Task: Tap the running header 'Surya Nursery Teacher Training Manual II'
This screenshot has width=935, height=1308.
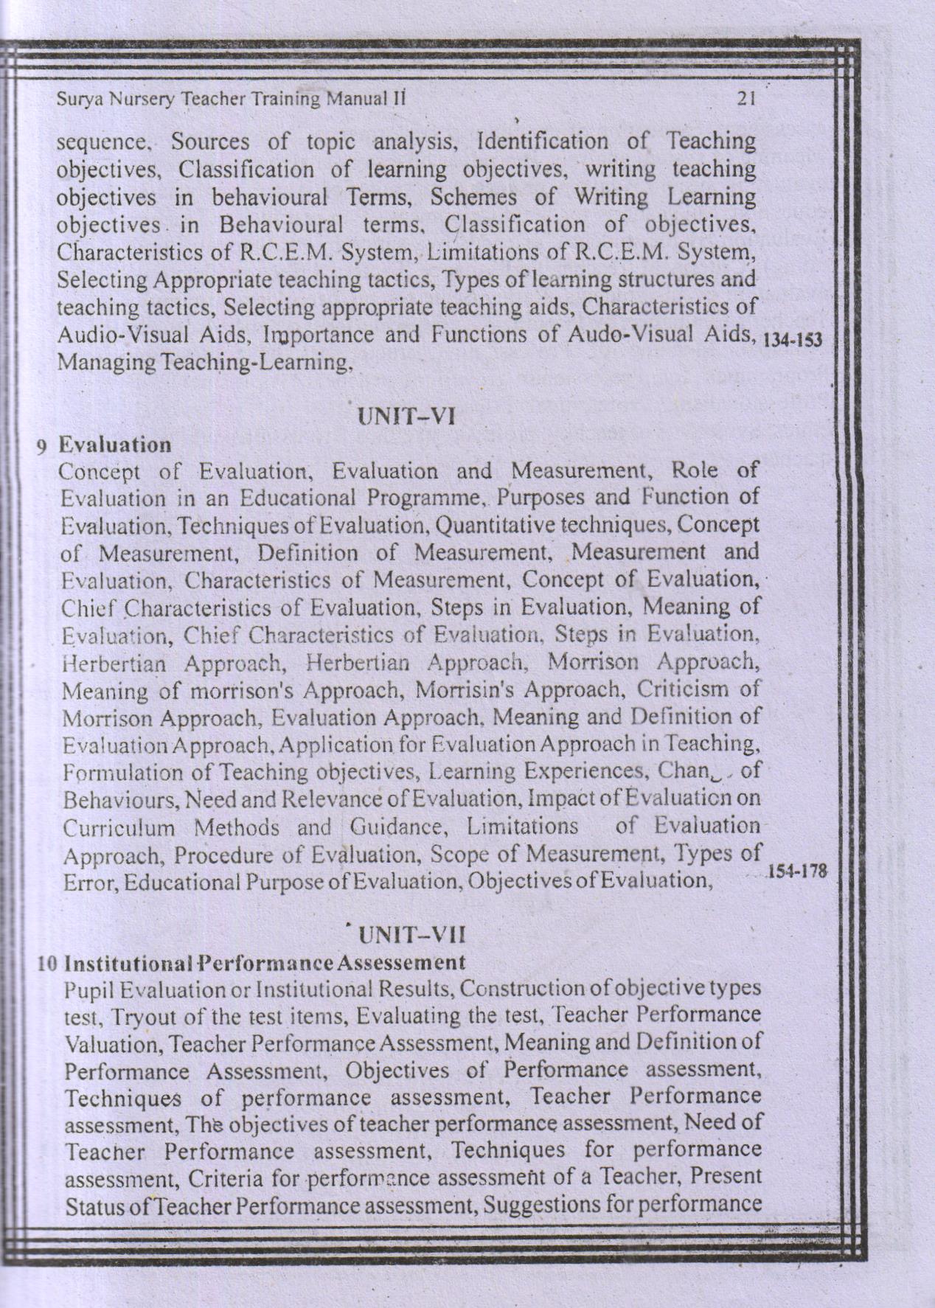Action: [232, 99]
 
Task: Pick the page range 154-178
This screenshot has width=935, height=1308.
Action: [799, 871]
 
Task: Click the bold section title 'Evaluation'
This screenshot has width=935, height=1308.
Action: [115, 445]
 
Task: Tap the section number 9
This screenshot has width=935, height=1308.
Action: [45, 445]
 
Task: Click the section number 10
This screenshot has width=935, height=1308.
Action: [48, 964]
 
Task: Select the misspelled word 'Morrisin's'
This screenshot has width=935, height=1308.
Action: [460, 690]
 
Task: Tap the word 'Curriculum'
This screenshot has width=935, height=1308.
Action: [119, 827]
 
